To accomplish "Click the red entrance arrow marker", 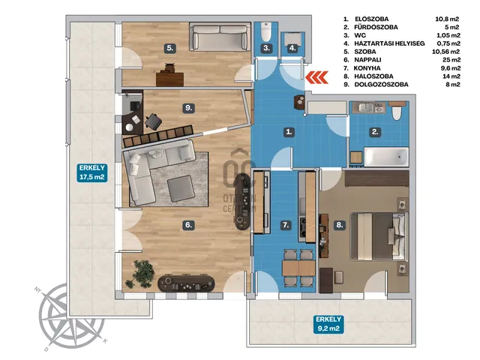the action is point(316,77).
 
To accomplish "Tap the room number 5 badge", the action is point(170,48).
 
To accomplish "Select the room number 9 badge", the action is point(188,108).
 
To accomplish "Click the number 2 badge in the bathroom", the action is point(375,132).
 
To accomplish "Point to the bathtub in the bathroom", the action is point(386,157).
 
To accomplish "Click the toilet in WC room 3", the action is point(266,31).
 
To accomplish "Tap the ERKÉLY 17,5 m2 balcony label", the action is point(92,172).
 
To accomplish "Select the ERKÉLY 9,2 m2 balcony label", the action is point(328,324).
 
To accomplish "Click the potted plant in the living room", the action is point(140,274).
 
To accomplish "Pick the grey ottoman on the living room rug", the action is point(181,189).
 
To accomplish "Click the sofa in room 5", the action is point(220,37).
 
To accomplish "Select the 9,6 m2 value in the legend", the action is point(451,68).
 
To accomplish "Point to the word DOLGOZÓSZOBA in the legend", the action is point(381,85).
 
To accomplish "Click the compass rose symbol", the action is point(72,317).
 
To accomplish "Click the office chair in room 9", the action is point(154,121).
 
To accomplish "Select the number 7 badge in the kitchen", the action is point(286,225).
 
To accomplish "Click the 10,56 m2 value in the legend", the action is point(446,52).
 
